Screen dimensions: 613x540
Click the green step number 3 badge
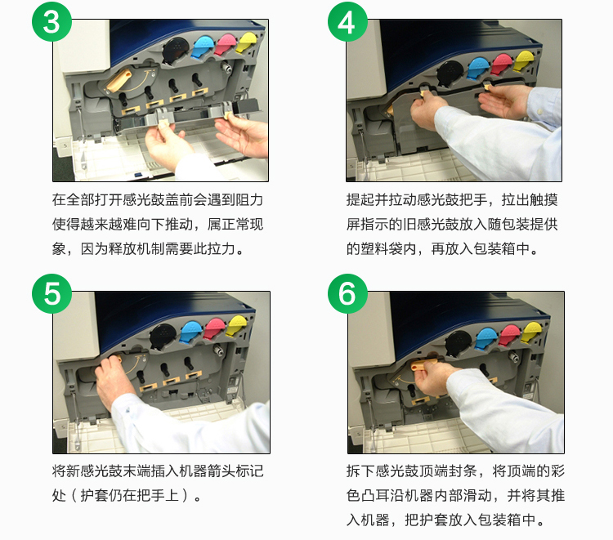pos(51,21)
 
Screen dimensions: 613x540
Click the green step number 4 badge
pos(347,21)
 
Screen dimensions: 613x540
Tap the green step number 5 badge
pos(51,293)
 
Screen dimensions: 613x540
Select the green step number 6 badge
pos(347,293)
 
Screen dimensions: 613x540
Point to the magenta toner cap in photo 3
pos(226,44)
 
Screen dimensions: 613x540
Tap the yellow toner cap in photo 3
pos(247,42)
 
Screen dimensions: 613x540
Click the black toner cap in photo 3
pos(176,51)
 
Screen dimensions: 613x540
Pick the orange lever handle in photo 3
pos(118,81)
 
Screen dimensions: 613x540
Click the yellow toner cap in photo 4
pos(523,60)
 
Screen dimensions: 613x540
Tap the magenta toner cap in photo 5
pos(213,328)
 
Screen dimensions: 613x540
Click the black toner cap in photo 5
pos(163,336)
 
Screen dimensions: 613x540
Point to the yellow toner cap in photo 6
pos(532,332)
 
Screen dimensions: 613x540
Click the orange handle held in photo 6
pos(422,366)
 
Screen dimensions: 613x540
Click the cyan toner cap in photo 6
pos(486,338)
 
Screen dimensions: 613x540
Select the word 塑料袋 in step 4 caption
pos(381,248)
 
